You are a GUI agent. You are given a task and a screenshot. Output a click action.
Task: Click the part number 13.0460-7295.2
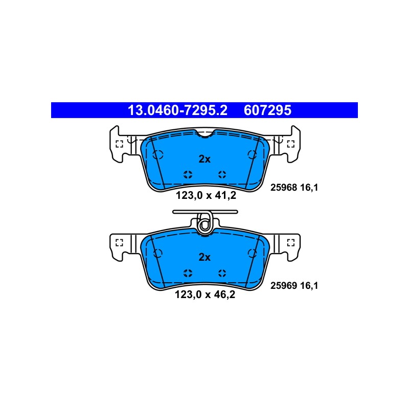(177, 110)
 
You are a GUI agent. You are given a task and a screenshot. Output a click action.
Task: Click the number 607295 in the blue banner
(267, 110)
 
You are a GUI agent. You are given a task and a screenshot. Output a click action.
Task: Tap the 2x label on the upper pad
(204, 159)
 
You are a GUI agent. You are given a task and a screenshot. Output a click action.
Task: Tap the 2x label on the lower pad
(204, 258)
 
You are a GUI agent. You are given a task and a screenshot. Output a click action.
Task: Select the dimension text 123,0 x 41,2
(206, 195)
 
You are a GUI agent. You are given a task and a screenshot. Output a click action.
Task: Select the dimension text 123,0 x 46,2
(205, 295)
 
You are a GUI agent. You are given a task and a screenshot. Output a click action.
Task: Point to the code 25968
(284, 188)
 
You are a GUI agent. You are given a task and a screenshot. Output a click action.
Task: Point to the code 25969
(284, 286)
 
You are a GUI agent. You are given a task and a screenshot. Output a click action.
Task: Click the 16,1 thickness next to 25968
(309, 188)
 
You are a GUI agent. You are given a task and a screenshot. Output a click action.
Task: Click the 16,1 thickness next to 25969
(309, 286)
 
